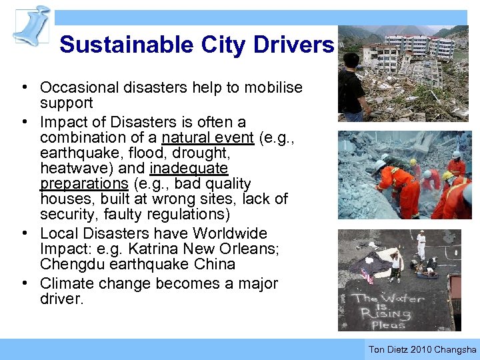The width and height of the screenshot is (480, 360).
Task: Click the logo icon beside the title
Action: tap(31, 25)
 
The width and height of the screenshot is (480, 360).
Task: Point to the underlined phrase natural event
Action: tap(207, 138)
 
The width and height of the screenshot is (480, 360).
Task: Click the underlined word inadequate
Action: tap(189, 169)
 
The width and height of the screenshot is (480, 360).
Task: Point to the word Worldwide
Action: tap(229, 233)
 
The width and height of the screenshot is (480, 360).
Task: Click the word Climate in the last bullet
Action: tap(65, 283)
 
